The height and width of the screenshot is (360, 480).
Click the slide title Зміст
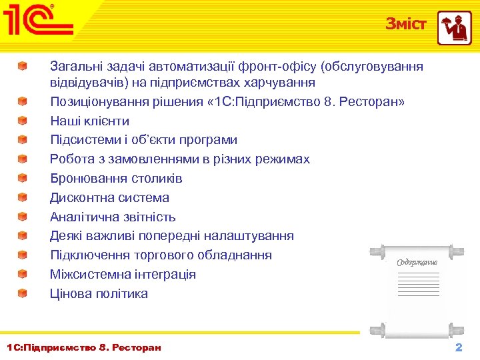point(405,24)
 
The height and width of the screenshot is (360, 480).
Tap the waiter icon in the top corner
point(454,27)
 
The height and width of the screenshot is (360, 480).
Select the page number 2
point(458,348)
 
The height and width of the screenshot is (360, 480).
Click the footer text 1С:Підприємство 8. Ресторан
point(83,347)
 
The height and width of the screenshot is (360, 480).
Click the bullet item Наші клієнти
point(90,121)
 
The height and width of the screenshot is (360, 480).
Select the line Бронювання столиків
point(116,179)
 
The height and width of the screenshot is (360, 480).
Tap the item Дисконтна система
point(109,197)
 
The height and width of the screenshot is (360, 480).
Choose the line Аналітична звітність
point(113,217)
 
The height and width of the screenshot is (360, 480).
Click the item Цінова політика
point(99,293)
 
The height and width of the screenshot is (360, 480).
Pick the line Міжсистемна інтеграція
point(123,274)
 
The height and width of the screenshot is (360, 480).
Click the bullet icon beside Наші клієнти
point(23,121)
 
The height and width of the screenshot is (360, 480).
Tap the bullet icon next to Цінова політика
point(23,293)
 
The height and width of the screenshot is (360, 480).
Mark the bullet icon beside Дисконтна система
point(23,197)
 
